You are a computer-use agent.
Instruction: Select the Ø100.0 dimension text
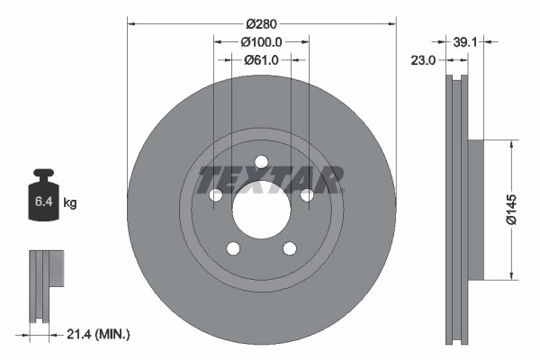262,41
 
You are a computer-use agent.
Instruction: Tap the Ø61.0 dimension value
262,59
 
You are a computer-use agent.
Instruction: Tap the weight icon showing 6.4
43,199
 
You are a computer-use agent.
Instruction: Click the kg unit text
70,204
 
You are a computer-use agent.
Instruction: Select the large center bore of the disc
261,209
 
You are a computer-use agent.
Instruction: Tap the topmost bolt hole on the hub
261,162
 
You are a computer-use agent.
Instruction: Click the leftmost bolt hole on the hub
216,195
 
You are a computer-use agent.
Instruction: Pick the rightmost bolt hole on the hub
306,195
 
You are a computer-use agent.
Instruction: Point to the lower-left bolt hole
233,248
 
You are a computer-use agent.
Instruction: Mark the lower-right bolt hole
289,248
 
